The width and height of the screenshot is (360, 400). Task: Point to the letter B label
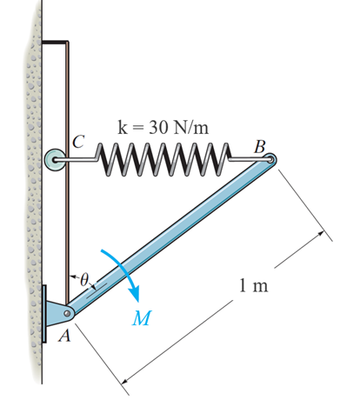pyautogui.click(x=258, y=145)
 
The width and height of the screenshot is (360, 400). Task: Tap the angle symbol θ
pyautogui.click(x=84, y=280)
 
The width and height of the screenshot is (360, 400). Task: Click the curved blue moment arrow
pyautogui.click(x=122, y=269)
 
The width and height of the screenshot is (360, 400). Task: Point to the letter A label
pyautogui.click(x=61, y=338)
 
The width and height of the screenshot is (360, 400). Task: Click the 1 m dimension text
pyautogui.click(x=253, y=288)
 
